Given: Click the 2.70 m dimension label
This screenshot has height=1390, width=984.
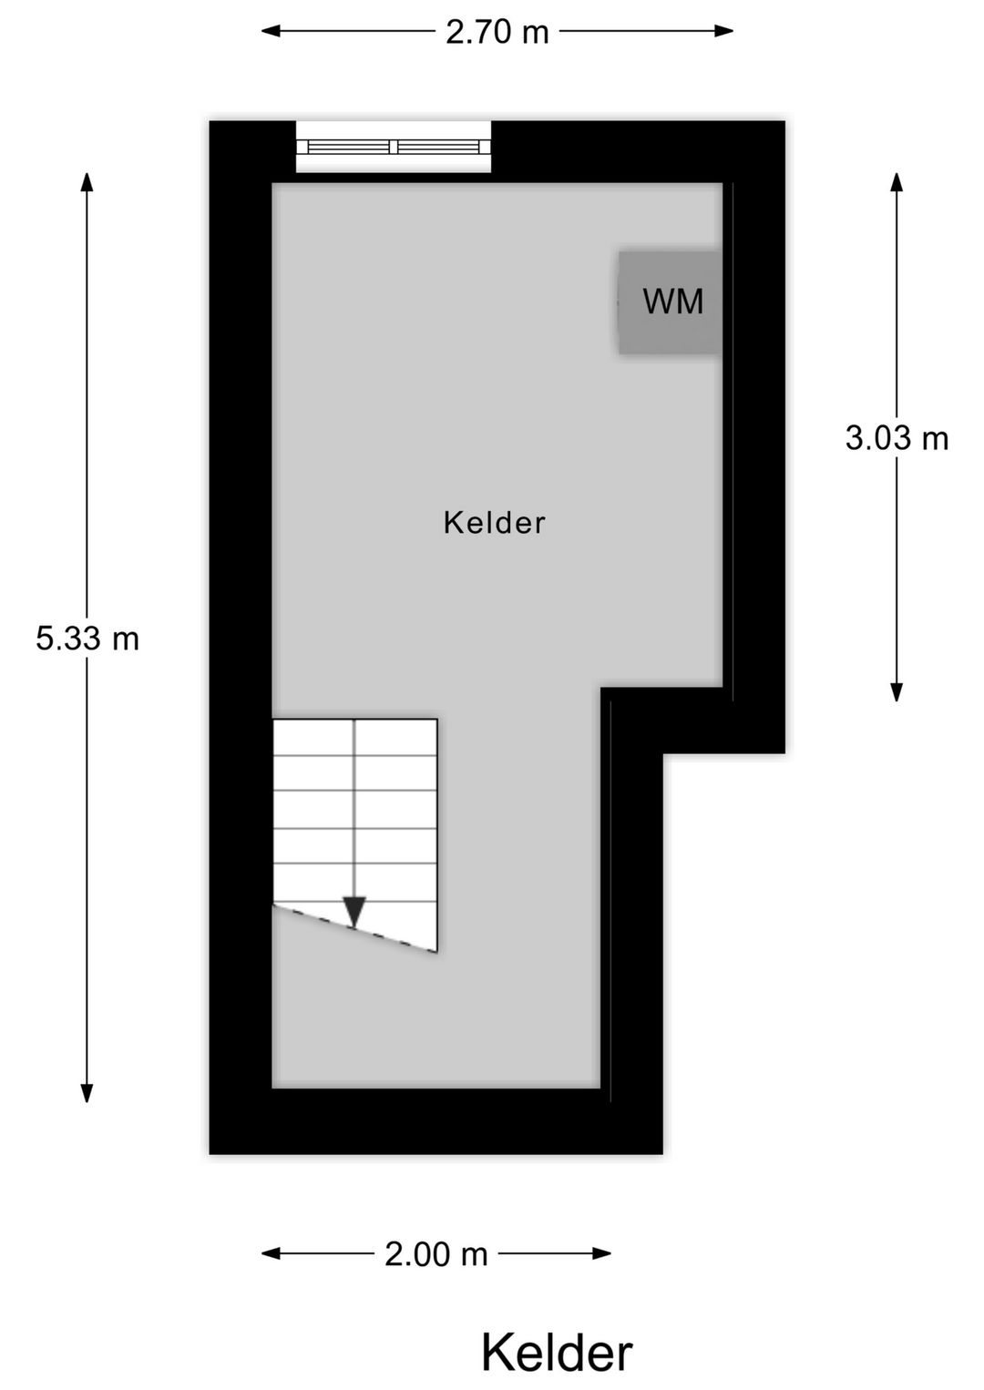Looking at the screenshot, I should [497, 33].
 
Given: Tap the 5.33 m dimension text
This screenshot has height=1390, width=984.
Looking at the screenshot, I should [87, 639].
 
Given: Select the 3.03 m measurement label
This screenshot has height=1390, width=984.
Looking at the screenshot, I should [897, 439].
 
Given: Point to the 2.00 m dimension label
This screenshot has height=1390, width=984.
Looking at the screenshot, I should [436, 1254].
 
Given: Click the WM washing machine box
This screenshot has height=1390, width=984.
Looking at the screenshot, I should [671, 302].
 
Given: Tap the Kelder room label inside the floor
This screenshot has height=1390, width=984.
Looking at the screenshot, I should [494, 523].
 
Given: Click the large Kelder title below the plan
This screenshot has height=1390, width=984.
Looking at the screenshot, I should [556, 1353].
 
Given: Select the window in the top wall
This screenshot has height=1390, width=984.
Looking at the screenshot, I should [394, 147].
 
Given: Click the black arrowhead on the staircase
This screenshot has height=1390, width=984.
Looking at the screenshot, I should [354, 911].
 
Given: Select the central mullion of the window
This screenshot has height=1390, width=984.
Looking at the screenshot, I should [394, 147].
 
